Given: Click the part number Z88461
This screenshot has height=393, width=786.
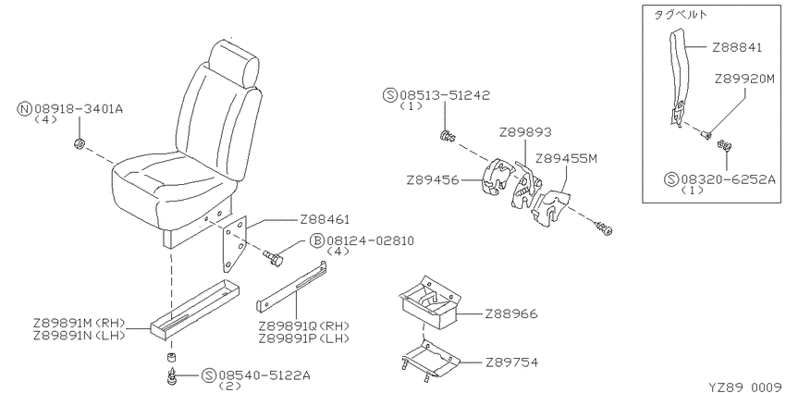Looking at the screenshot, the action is [325, 219].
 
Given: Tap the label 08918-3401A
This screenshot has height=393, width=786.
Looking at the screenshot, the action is [79, 108].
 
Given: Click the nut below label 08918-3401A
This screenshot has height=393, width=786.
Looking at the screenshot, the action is [78, 145].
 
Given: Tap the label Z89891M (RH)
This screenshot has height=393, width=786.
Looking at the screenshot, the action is [80, 323].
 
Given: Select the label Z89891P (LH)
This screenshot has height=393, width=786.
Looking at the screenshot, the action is [303, 338].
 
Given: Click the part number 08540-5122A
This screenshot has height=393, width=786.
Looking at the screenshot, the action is [263, 375].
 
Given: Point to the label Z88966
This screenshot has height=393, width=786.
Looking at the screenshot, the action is [510, 314].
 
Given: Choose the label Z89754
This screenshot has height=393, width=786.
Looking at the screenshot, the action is [511, 362].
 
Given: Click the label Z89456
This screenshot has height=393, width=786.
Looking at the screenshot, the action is [433, 179].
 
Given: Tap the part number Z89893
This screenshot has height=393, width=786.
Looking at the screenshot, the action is [525, 132].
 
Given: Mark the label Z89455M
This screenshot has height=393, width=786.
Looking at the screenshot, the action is [567, 158].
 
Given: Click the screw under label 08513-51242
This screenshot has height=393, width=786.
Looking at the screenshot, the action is [448, 135].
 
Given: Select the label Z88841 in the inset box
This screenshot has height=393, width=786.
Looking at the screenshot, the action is [737, 47].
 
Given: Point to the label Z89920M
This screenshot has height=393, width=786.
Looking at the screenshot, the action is [744, 80].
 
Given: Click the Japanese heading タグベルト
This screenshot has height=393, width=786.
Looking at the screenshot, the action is [680, 15].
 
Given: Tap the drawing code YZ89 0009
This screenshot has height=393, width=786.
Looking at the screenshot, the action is [746, 387].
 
